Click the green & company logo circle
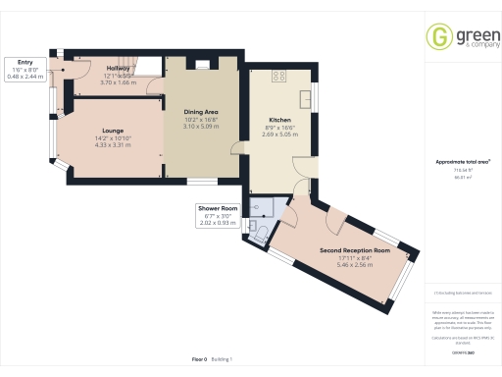[438, 37]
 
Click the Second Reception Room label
[355, 251]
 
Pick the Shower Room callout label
[218, 209]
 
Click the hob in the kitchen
[279, 75]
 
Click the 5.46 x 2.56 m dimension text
[355, 266]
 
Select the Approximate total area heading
[462, 161]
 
